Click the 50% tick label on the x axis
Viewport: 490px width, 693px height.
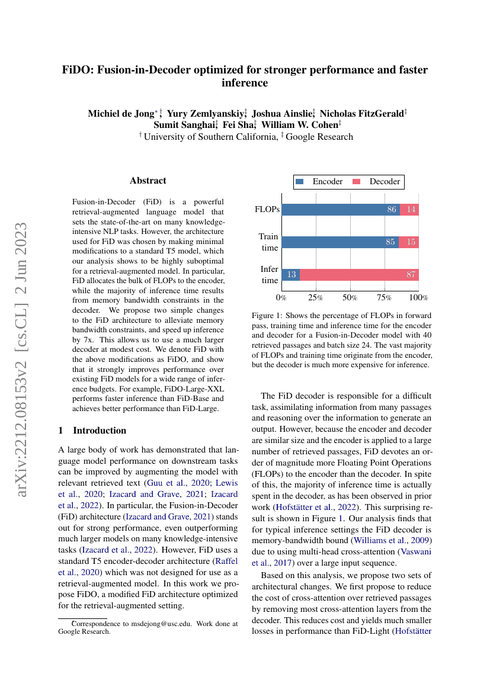pos(350,297)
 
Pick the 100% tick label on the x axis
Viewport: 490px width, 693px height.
pos(418,297)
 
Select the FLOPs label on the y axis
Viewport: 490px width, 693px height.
pos(267,210)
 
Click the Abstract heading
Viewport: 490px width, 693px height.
pos(148,181)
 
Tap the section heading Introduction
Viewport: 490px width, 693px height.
pos(99,430)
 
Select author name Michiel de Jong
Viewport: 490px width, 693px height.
pos(119,113)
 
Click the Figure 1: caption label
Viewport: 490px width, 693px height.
pos(270,316)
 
